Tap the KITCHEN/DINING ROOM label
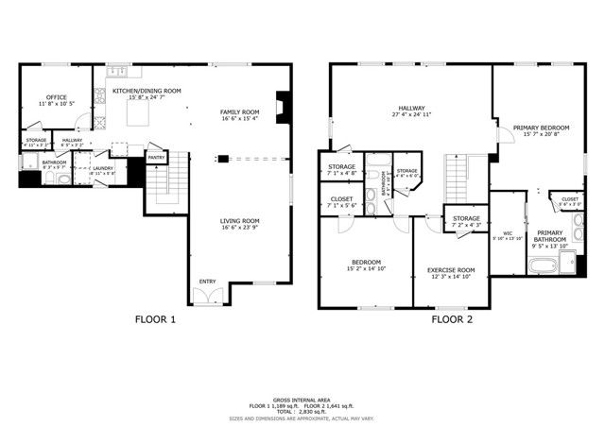coord(146,91)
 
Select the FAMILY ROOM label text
coord(240,111)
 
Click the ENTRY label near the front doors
coord(206,281)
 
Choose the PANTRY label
coord(156,158)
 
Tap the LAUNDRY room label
coord(102,168)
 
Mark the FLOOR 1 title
coord(155,319)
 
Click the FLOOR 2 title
coord(452,319)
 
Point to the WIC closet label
coord(507,232)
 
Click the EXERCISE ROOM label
coord(451,269)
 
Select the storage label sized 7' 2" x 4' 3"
coord(465,225)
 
